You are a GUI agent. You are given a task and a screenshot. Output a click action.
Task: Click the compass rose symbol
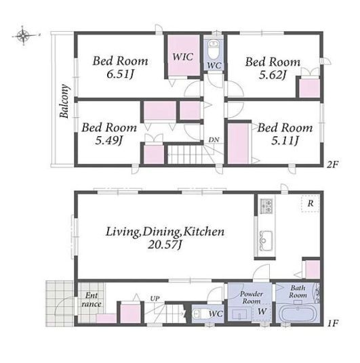(23, 36)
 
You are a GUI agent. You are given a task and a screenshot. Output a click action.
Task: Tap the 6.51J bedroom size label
(120, 74)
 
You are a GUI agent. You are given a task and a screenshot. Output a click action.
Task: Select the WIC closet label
(182, 57)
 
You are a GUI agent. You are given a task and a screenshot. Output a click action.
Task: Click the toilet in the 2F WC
(213, 49)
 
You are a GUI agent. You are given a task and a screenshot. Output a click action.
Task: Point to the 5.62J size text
(273, 74)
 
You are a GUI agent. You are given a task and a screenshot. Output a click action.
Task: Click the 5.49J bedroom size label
(108, 140)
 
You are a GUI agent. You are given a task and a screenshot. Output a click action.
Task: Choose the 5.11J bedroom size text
(285, 140)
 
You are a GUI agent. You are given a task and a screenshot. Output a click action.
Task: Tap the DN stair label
(214, 140)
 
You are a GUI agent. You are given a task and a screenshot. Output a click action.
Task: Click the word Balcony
(64, 101)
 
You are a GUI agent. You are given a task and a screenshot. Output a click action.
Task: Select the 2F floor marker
(333, 165)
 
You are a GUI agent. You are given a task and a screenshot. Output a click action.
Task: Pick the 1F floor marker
(333, 323)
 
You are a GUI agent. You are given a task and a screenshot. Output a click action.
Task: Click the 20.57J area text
(165, 244)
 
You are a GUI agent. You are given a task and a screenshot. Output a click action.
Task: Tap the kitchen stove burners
(266, 206)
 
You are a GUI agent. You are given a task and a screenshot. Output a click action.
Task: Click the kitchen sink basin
(266, 240)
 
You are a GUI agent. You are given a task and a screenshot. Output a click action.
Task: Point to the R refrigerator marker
(311, 203)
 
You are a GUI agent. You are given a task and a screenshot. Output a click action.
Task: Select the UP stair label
(155, 299)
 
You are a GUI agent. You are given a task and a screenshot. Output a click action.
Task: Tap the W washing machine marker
(262, 311)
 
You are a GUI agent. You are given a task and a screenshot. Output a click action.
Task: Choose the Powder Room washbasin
(240, 314)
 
